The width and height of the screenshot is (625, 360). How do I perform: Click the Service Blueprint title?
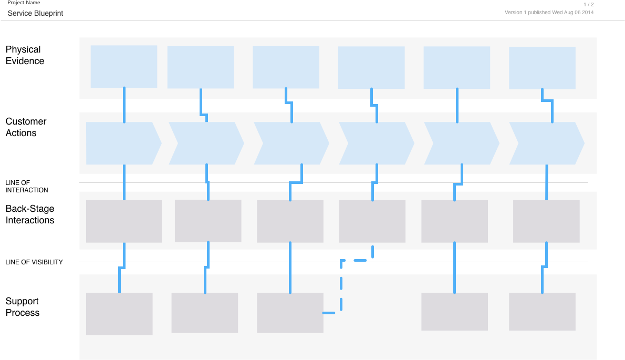(x=35, y=13)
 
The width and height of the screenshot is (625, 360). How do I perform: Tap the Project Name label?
(x=24, y=3)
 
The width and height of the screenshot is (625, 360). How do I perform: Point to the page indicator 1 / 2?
(x=588, y=4)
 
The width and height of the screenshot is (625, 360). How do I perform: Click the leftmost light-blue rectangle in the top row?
(x=123, y=66)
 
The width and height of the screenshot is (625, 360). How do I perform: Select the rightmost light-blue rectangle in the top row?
(x=542, y=68)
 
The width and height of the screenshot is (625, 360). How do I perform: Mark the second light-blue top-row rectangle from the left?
(x=200, y=67)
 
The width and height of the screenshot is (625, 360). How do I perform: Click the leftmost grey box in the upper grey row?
(x=123, y=221)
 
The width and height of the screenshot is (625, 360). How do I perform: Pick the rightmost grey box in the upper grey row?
(x=546, y=221)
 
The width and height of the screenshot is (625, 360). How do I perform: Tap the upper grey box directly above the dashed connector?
(x=372, y=221)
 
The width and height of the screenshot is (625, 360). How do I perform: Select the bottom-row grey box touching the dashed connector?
(x=290, y=313)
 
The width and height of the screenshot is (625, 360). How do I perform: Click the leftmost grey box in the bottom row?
(x=119, y=314)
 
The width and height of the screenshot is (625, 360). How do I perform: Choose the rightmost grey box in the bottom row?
(x=542, y=312)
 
